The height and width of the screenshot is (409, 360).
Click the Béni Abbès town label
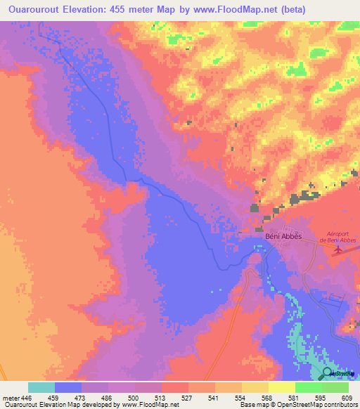pyautogui.click(x=283, y=236)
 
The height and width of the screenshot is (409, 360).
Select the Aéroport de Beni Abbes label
pyautogui.click(x=337, y=236)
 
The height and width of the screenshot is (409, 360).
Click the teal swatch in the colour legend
pyautogui.click(x=41, y=387)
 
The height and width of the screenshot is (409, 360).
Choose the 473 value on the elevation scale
pyautogui.click(x=81, y=398)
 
